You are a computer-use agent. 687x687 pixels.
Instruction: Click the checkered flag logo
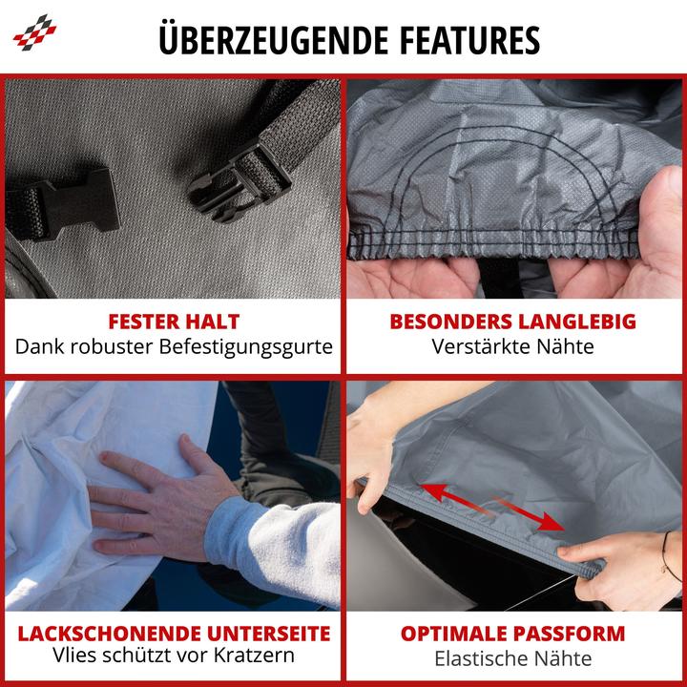[x=34, y=32]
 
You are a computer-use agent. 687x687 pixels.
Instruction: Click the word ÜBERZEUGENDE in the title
[x=274, y=39]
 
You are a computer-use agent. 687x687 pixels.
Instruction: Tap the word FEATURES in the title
[x=469, y=40]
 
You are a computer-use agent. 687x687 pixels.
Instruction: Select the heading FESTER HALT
[x=174, y=322]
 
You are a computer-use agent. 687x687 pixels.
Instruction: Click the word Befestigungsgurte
[x=245, y=347]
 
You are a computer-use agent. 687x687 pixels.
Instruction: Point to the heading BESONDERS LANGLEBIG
[x=512, y=322]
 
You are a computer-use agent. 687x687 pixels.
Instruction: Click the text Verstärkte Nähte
[x=512, y=346]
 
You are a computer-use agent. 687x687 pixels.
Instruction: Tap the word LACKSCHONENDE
[x=109, y=634]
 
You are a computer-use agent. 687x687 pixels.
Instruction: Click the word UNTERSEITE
[x=268, y=634]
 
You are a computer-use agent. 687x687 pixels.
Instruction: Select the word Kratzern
[x=254, y=656]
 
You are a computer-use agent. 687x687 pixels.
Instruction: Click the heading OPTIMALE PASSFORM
[x=512, y=634]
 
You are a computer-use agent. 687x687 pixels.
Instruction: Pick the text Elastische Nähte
[x=512, y=658]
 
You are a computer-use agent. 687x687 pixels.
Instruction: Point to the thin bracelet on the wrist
[x=666, y=552]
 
